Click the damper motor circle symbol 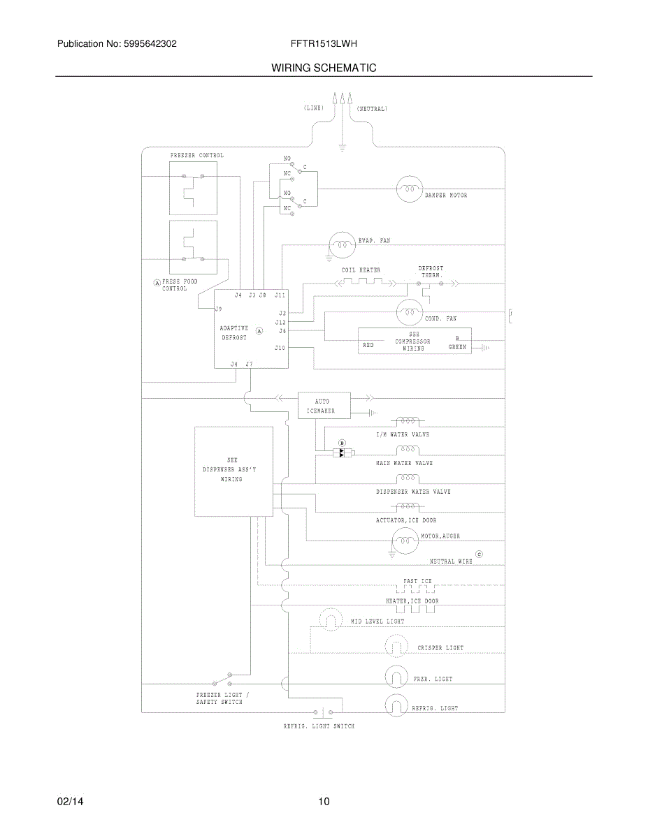pyautogui.click(x=409, y=189)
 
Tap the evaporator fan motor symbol pyautogui.click(x=342, y=245)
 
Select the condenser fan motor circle pyautogui.click(x=409, y=312)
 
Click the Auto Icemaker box pyautogui.click(x=324, y=405)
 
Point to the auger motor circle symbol pyautogui.click(x=405, y=541)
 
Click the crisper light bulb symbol pyautogui.click(x=396, y=645)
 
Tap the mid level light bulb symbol pyautogui.click(x=331, y=619)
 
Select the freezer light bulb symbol pyautogui.click(x=396, y=677)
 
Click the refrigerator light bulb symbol pyautogui.click(x=396, y=705)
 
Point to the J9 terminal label pyautogui.click(x=219, y=309)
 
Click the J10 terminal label pyautogui.click(x=280, y=348)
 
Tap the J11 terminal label pyautogui.click(x=280, y=295)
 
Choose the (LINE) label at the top pyautogui.click(x=314, y=108)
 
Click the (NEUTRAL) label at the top pyautogui.click(x=372, y=109)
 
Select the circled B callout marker pyautogui.click(x=342, y=443)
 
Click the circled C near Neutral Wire pyautogui.click(x=479, y=554)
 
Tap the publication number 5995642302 pyautogui.click(x=150, y=43)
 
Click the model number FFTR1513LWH pyautogui.click(x=324, y=43)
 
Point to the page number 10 pyautogui.click(x=324, y=802)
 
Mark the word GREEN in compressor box pyautogui.click(x=457, y=347)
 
